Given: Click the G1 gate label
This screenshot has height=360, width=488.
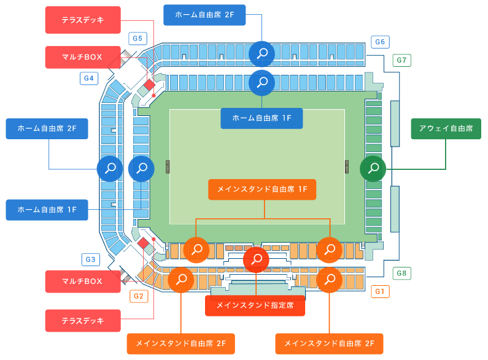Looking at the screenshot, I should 380,291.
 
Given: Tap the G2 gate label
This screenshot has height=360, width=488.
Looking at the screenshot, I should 139,296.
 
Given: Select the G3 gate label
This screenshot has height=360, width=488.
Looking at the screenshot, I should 90,259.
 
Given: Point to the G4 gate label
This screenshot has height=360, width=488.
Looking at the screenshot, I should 89,78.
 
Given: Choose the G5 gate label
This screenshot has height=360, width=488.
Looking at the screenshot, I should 138,39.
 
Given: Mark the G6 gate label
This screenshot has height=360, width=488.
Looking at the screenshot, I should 380,42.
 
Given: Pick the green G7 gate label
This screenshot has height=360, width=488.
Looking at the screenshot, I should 402,60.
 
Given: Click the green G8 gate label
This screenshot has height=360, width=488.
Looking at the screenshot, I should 402,273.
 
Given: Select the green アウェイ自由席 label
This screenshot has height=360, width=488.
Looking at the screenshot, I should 446,129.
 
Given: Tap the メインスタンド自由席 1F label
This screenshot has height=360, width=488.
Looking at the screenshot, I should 262,190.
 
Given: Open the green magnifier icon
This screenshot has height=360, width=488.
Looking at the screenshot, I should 373,168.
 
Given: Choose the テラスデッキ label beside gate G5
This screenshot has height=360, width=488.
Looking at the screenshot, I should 83,20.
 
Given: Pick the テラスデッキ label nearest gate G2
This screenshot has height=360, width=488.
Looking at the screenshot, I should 83,320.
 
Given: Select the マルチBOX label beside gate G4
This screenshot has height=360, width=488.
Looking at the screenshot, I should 83,57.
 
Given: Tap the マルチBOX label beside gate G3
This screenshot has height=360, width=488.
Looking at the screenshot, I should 83,281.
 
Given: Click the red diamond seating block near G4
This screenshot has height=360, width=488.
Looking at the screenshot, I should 149,85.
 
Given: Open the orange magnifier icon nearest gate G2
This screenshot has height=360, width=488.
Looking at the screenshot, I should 181,280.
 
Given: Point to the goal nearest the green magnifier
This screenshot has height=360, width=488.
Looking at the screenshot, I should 347,167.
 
